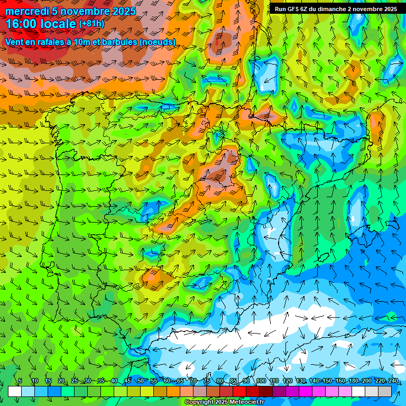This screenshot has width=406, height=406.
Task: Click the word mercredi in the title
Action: [x=26, y=11]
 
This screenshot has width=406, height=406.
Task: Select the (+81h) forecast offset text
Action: [x=91, y=24]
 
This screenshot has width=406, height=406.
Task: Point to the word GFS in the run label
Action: [x=293, y=9]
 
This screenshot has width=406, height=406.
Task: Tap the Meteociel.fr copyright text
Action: [x=224, y=402]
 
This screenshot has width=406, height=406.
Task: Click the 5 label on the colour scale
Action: [x=20, y=381]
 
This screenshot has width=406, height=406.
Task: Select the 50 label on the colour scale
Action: [x=140, y=381]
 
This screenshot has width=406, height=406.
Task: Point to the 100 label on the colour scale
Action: [x=261, y=381]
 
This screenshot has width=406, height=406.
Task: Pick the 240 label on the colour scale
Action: [x=393, y=381]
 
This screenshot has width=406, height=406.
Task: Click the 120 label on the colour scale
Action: [x=288, y=381]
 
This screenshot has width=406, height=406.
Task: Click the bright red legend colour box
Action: [x=239, y=391]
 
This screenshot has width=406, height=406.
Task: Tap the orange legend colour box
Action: [x=173, y=391]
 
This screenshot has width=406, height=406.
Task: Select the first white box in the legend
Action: [x=15, y=391]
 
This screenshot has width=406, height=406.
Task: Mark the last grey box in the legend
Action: [x=385, y=391]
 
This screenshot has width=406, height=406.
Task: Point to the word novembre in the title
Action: [x=82, y=11]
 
